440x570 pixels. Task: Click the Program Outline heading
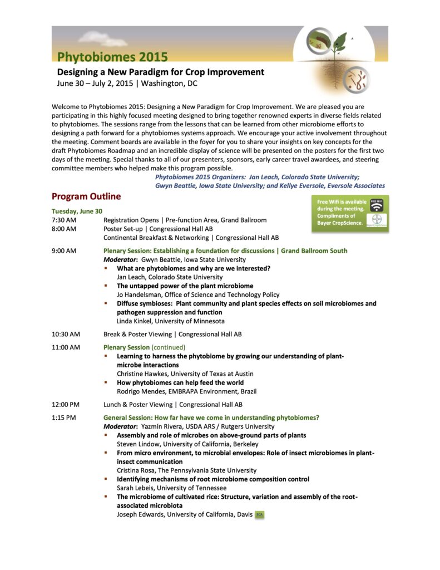pyautogui.click(x=86, y=196)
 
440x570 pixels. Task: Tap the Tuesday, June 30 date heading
pyautogui.click(x=77, y=211)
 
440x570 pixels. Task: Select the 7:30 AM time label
pyautogui.click(x=63, y=220)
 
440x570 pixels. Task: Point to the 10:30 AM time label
pyautogui.click(x=66, y=334)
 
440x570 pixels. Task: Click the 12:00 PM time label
pyautogui.click(x=66, y=405)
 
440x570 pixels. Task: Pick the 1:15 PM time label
pyautogui.click(x=64, y=417)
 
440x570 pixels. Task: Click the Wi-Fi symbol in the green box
pyautogui.click(x=377, y=205)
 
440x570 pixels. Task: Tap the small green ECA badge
pyautogui.click(x=259, y=514)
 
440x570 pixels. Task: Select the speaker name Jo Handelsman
pyautogui.click(x=139, y=294)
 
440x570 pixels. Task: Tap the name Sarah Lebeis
pyautogui.click(x=136, y=488)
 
